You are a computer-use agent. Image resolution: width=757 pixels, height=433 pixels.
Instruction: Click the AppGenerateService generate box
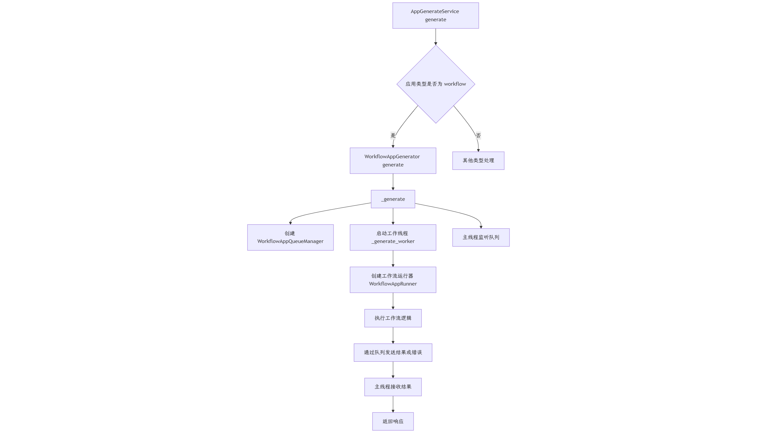pyautogui.click(x=436, y=16)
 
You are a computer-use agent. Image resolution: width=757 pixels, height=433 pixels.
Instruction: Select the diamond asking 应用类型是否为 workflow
pyautogui.click(x=436, y=84)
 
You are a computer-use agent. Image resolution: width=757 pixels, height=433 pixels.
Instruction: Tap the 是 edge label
pyautogui.click(x=393, y=135)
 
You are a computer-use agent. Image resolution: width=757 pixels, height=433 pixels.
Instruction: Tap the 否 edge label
pyautogui.click(x=478, y=135)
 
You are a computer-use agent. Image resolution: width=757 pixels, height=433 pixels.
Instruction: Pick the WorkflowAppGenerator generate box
pyautogui.click(x=393, y=161)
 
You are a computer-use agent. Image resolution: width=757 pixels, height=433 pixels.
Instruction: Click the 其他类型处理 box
pyautogui.click(x=478, y=161)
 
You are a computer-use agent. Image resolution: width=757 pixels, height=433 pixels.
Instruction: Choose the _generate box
pyautogui.click(x=393, y=199)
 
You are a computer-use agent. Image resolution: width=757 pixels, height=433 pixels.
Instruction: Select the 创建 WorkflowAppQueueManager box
pyautogui.click(x=290, y=237)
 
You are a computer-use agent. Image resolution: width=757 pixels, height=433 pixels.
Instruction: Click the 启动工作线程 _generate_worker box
pyautogui.click(x=393, y=237)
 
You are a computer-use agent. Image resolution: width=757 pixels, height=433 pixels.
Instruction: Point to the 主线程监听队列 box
pyautogui.click(x=481, y=237)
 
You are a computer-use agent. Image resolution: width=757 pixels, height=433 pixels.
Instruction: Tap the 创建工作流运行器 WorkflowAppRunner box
pyautogui.click(x=393, y=280)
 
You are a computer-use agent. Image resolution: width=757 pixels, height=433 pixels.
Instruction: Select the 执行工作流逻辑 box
pyautogui.click(x=393, y=318)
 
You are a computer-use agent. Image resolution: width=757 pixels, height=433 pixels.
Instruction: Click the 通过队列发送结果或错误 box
pyautogui.click(x=393, y=353)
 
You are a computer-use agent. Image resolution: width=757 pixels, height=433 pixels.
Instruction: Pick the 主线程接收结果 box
pyautogui.click(x=393, y=387)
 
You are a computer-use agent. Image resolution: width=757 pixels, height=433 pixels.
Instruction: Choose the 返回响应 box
pyautogui.click(x=393, y=422)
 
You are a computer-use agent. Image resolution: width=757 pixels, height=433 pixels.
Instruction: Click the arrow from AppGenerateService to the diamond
pyautogui.click(x=436, y=37)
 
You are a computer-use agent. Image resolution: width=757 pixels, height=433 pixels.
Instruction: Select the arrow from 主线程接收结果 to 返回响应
pyautogui.click(x=393, y=404)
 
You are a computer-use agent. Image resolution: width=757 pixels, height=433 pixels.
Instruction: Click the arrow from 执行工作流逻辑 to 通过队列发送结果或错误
pyautogui.click(x=393, y=335)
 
